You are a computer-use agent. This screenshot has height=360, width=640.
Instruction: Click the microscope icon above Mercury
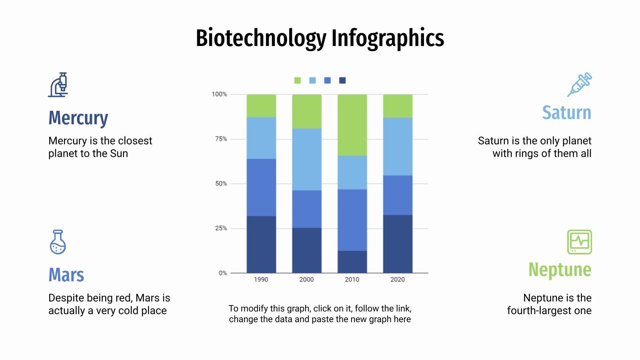click(58, 85)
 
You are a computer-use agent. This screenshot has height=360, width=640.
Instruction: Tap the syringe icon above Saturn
click(580, 84)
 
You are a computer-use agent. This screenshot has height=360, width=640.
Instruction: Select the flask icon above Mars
click(58, 242)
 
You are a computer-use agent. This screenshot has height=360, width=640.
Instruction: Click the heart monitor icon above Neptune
click(579, 242)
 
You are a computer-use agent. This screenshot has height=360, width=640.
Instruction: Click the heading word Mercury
click(78, 118)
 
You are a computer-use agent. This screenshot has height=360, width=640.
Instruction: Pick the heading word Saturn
click(566, 113)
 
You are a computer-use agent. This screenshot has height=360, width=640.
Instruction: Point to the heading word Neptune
click(560, 270)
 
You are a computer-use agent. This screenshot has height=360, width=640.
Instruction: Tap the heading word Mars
click(66, 275)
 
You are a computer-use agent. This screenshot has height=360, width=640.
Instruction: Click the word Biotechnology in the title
click(261, 39)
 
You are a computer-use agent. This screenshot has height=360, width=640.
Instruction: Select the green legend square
click(297, 80)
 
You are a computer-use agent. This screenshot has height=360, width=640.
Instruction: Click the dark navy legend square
click(342, 80)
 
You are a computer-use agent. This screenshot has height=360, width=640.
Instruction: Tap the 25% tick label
click(221, 228)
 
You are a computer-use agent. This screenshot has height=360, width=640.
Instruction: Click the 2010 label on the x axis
click(352, 280)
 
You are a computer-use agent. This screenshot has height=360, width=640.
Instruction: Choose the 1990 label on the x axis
click(261, 280)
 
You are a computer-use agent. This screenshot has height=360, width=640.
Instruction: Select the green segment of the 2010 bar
click(352, 125)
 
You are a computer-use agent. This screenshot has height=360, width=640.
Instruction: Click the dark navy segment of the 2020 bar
click(398, 244)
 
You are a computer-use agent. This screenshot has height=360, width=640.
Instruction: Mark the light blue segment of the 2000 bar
click(306, 159)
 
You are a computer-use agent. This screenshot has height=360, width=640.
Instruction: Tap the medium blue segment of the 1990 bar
click(261, 187)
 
